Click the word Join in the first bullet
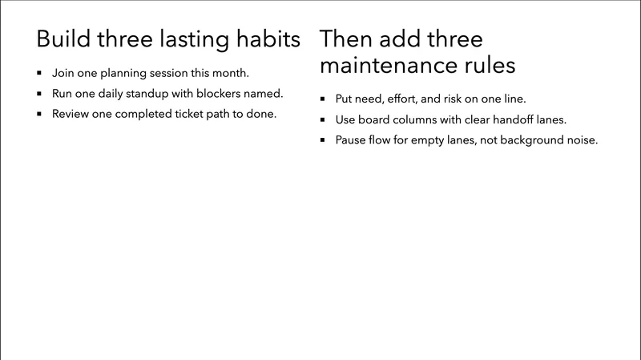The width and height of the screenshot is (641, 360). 63,73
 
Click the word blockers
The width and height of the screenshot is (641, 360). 226,93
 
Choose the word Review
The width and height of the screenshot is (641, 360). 71,114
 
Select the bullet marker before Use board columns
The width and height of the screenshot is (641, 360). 321,120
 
